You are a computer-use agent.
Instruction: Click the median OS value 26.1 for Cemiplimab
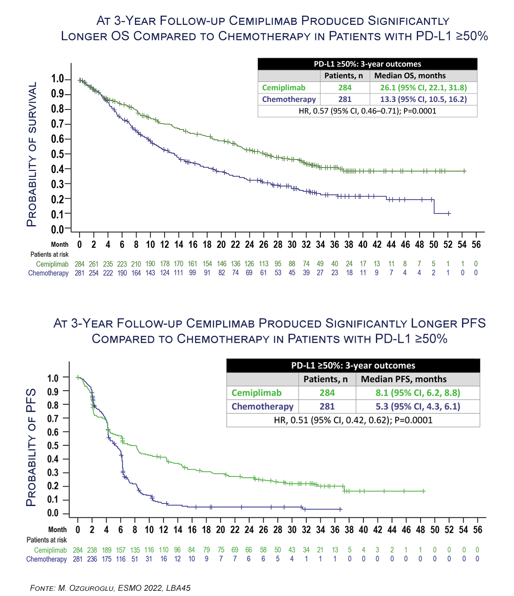(x=423, y=87)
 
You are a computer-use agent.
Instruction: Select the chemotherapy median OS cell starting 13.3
(x=423, y=99)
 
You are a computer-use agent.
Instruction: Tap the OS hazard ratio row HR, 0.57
(x=367, y=111)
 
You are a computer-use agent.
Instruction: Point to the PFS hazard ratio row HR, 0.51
(x=353, y=420)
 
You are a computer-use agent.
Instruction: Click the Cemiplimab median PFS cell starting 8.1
(x=418, y=393)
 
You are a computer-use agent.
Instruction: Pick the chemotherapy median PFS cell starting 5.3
(x=418, y=406)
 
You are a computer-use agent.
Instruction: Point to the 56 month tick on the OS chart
(x=476, y=244)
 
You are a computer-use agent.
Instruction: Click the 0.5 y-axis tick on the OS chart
(x=58, y=154)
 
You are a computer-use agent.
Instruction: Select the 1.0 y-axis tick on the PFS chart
(x=53, y=378)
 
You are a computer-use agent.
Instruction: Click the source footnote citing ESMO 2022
(x=110, y=588)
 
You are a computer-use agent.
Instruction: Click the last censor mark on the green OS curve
(x=465, y=171)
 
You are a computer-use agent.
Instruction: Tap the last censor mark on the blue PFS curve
(x=341, y=509)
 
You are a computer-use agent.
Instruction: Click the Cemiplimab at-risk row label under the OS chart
(x=52, y=264)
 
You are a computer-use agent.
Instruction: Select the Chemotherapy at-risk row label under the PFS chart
(x=47, y=559)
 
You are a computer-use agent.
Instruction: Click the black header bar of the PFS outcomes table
(x=353, y=366)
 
